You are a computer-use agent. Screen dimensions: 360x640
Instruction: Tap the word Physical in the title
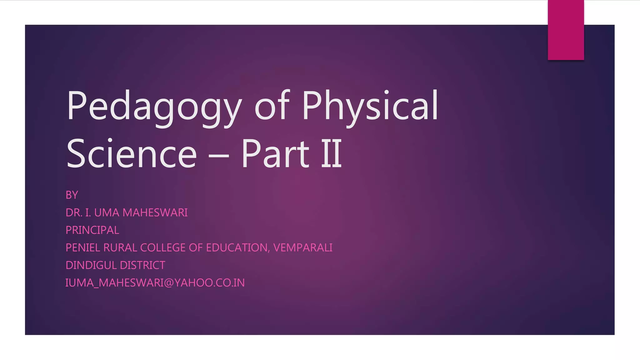coord(370,106)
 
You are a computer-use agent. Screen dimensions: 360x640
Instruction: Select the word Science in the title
coord(132,154)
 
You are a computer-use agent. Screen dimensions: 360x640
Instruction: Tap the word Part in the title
coord(275,154)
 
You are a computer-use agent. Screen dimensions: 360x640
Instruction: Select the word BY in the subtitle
coord(72,195)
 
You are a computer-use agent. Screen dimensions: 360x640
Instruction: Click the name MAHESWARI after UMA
coord(155,212)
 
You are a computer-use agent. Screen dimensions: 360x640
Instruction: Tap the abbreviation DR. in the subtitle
coord(74,212)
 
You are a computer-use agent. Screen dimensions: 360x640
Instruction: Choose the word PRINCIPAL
coord(92,230)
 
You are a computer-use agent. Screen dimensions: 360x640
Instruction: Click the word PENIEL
coord(83,247)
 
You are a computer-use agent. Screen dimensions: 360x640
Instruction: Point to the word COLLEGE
coord(163,247)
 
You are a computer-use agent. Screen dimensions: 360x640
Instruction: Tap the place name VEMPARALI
coord(303,247)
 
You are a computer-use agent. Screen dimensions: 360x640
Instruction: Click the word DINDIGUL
coord(91,265)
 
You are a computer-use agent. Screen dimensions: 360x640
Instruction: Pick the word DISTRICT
coord(142,265)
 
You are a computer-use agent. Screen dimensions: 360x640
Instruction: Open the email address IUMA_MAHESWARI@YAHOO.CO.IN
coord(155,282)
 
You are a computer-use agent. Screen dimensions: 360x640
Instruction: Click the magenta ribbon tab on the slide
coord(566,30)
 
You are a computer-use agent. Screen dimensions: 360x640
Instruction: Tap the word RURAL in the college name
coord(120,247)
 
